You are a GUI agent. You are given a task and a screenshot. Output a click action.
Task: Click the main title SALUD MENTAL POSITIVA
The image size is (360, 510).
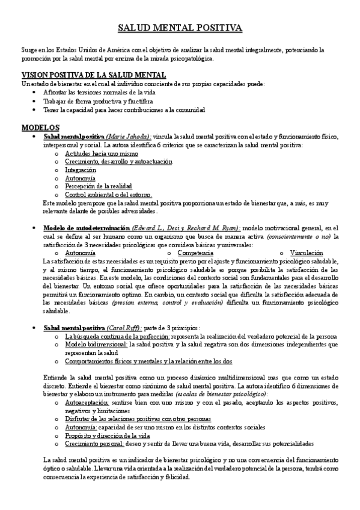[x=180, y=28]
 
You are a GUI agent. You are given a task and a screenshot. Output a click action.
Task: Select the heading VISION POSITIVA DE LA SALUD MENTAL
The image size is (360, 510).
[x=85, y=75]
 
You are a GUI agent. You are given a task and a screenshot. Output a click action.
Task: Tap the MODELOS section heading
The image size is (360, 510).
[x=40, y=127]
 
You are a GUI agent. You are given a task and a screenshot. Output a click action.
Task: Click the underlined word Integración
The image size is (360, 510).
[x=81, y=170]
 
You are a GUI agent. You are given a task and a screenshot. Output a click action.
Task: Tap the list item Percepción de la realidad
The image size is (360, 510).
[x=98, y=186]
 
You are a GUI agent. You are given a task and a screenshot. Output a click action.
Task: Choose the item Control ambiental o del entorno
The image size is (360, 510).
[x=108, y=195]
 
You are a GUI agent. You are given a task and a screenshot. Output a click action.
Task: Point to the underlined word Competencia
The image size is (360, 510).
[x=195, y=253]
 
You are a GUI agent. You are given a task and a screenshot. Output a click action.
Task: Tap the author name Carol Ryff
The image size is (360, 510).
[x=123, y=328]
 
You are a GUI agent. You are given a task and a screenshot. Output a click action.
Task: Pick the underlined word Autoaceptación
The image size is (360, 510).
[x=87, y=402]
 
